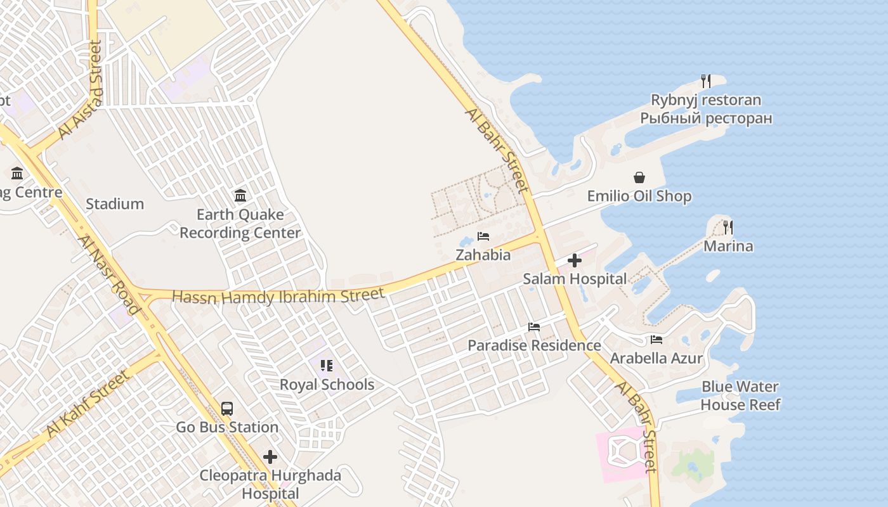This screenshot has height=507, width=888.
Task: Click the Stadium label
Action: pos(115,204)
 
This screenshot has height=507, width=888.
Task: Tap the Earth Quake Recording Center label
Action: pos(240,224)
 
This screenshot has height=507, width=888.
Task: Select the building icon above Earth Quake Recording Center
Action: pos(240,195)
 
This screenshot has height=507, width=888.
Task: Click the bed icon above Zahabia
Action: pos(483,236)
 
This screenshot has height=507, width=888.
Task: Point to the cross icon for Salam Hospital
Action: pos(575,260)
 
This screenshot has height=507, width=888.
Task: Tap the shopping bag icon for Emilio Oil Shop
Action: pos(639,177)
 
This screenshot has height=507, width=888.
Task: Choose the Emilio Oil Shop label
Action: pos(639,196)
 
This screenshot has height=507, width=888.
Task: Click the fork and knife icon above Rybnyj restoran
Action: pos(705,80)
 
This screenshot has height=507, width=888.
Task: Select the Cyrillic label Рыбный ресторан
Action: pos(706,119)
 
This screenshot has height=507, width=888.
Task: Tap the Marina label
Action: pos(728,247)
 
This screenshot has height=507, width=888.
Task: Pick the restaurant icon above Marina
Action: pos(728,227)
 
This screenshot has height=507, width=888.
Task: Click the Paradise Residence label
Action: pos(534,345)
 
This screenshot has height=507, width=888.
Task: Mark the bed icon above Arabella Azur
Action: pos(656,340)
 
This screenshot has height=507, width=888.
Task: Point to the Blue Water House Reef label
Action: pos(740,395)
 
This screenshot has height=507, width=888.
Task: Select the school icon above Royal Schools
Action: pos(327,366)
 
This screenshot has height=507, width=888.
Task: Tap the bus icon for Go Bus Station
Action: pos(227,409)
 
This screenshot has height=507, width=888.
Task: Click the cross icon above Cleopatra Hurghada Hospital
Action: pos(270,456)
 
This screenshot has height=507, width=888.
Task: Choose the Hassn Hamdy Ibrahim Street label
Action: pos(278,296)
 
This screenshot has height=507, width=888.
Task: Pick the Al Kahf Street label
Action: pos(88,404)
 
